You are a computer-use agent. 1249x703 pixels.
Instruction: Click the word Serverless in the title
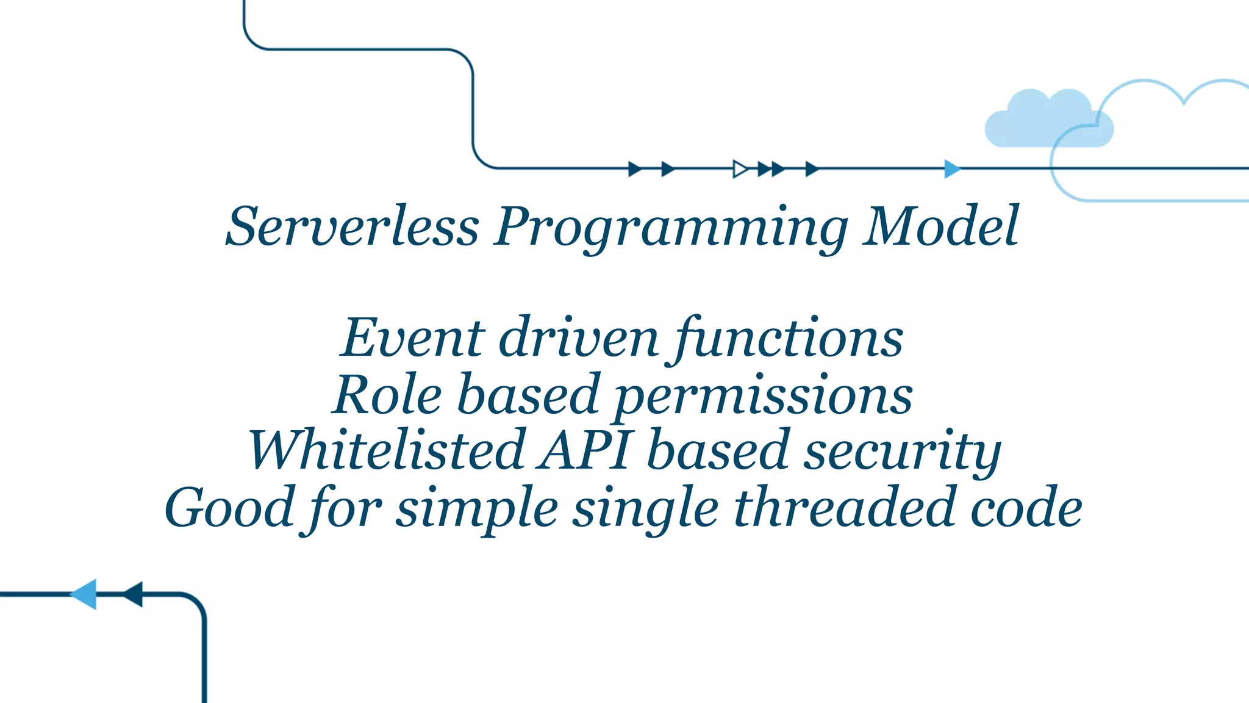pyautogui.click(x=352, y=226)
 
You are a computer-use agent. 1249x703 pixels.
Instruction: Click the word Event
pyautogui.click(x=413, y=338)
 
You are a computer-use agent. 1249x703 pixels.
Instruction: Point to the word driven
pyautogui.click(x=578, y=338)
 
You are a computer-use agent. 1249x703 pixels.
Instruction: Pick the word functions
pyautogui.click(x=789, y=338)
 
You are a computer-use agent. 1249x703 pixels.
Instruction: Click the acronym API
pyautogui.click(x=584, y=450)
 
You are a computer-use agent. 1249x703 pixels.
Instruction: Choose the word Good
pyautogui.click(x=230, y=508)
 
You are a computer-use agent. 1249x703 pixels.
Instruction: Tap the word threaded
pyautogui.click(x=844, y=508)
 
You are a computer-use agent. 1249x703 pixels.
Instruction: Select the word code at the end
pyautogui.click(x=1026, y=508)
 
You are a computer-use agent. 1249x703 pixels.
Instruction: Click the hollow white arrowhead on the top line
pyautogui.click(x=740, y=169)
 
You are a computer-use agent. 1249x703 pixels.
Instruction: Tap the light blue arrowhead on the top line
pyautogui.click(x=951, y=169)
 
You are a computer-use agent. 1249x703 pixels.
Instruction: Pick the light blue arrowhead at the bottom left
pyautogui.click(x=85, y=594)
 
